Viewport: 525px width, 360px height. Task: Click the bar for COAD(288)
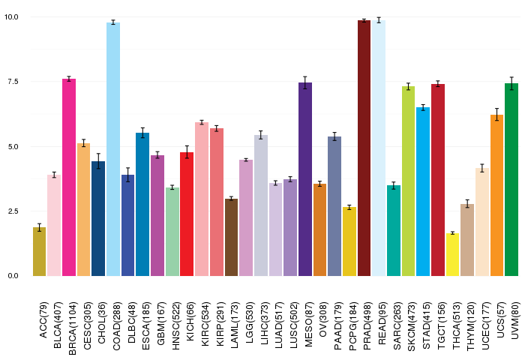(113, 149)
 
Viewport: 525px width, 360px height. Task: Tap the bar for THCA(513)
(453, 254)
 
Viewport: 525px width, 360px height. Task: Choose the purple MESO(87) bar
(305, 179)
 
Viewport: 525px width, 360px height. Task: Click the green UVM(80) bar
(511, 179)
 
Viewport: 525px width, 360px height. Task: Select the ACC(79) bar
(39, 251)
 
